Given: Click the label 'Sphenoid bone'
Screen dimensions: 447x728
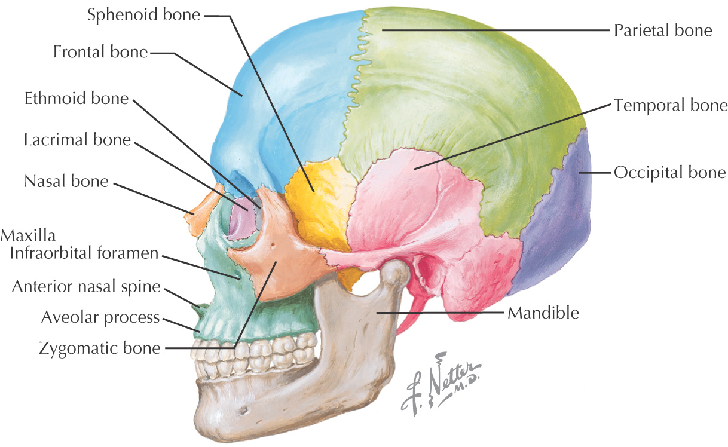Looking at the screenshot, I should click(143, 15).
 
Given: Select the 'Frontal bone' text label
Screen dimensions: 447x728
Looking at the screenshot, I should click(100, 52).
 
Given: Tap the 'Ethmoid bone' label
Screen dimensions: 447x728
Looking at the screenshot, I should click(77, 98).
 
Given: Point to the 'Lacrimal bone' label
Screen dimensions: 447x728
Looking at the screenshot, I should click(77, 140).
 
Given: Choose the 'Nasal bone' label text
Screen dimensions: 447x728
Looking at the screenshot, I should click(66, 181).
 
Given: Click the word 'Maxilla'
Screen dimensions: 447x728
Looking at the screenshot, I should click(28, 235).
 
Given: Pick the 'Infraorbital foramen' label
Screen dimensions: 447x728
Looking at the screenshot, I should click(84, 253).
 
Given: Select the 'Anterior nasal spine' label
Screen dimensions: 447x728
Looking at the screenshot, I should click(87, 287).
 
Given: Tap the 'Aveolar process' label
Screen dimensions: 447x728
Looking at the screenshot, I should click(100, 317).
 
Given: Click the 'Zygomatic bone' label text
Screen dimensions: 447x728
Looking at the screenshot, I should click(99, 348).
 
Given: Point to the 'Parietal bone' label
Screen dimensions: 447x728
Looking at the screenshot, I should click(663, 30).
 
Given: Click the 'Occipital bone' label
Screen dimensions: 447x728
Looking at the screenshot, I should click(670, 173).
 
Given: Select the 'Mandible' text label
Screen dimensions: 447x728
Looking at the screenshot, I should click(543, 313).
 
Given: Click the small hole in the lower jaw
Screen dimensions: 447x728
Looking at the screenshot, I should click(244, 410).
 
